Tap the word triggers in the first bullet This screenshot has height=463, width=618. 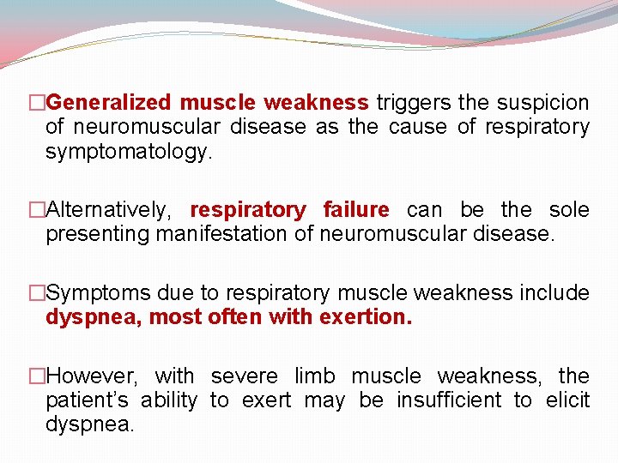click(413, 104)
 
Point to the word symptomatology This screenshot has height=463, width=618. click(127, 153)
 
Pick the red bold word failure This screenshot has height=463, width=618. click(356, 210)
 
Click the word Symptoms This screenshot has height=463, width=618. click(94, 293)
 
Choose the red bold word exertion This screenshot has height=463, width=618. click(365, 317)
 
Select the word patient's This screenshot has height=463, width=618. click(88, 400)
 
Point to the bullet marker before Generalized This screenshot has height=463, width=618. click(37, 104)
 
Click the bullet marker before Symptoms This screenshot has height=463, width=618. click(37, 293)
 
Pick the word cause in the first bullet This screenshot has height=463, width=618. click(418, 128)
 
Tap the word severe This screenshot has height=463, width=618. click(244, 376)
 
